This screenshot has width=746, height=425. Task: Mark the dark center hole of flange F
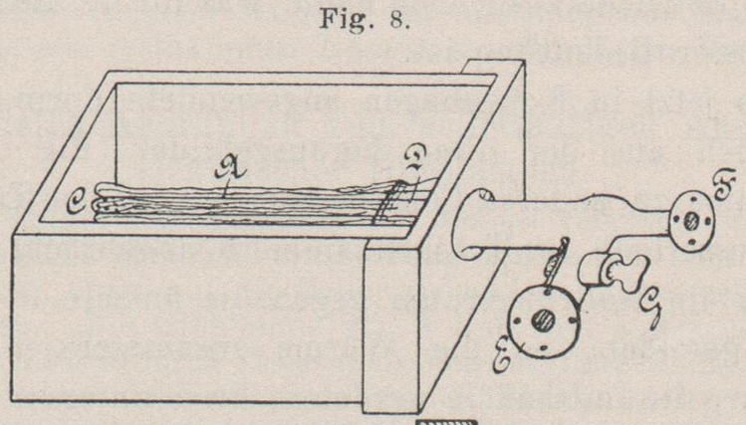pyautogui.click(x=688, y=223)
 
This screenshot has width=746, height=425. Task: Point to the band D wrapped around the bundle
pyautogui.click(x=386, y=209)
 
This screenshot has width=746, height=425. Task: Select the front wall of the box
pyautogui.click(x=189, y=319)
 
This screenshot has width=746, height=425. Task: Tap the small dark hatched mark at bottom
pyautogui.click(x=445, y=421)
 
